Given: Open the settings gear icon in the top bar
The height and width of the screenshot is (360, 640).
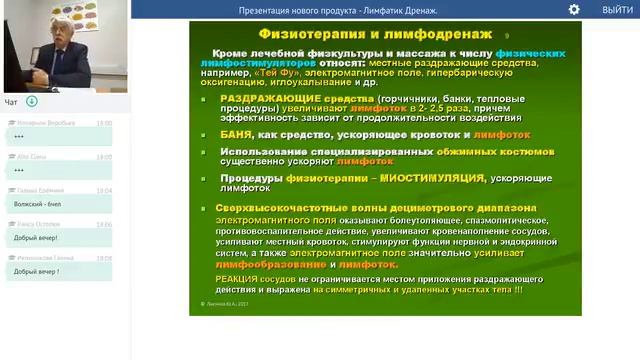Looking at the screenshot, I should coord(574,9).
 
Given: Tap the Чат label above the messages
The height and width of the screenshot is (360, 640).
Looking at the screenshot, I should coord(11,102).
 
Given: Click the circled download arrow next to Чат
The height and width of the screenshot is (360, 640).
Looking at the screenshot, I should coord(32,101).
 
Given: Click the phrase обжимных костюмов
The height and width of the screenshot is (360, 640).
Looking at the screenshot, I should coord(494,150).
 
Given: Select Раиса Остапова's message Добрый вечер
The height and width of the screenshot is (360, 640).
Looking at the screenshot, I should coord(36,238).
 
